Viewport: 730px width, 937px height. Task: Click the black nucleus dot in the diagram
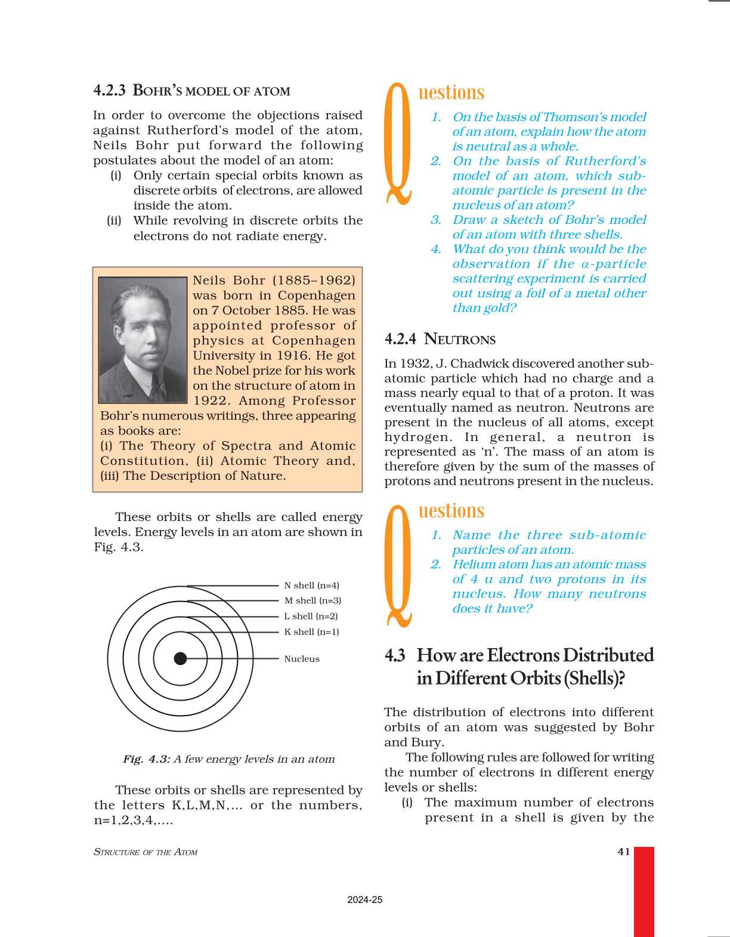(x=180, y=658)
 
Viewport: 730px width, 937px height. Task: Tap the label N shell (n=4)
(x=311, y=585)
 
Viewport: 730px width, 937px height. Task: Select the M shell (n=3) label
(x=313, y=601)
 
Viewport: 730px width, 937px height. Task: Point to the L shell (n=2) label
(x=311, y=617)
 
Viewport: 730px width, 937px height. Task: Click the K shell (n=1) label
(x=311, y=632)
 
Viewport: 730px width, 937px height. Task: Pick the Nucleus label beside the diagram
(x=302, y=659)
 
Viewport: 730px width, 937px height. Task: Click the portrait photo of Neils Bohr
(x=143, y=340)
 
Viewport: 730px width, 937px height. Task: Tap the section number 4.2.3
(x=109, y=91)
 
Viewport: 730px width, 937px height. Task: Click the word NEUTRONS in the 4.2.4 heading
(x=459, y=340)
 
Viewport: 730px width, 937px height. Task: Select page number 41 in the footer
(x=624, y=852)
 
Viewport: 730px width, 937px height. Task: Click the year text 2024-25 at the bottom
(x=364, y=900)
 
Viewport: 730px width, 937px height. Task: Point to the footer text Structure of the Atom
(x=146, y=852)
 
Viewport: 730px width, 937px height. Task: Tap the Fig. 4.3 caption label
(x=147, y=759)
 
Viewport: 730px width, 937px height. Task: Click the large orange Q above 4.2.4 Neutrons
(x=398, y=143)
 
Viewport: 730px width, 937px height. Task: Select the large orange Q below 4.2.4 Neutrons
(x=398, y=564)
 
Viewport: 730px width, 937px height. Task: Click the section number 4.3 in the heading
(x=395, y=655)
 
